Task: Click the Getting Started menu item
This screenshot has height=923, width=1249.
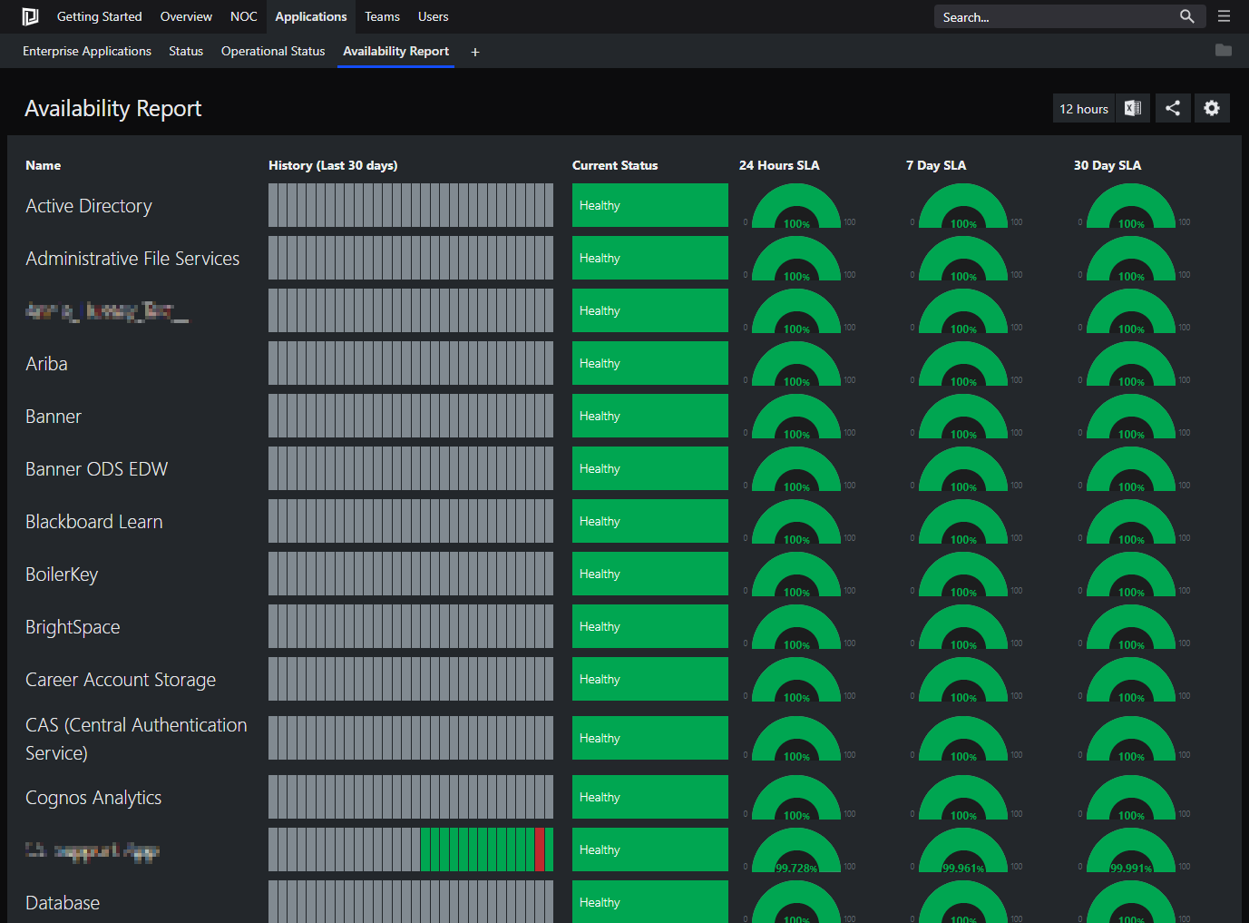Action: (99, 16)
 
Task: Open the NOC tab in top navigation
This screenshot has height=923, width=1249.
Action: (243, 16)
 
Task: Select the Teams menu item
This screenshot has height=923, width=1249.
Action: (382, 16)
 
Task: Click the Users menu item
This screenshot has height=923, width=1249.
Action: (433, 16)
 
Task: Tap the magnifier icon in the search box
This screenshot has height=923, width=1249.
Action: (1186, 16)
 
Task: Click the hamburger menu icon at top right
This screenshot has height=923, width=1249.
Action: (1224, 16)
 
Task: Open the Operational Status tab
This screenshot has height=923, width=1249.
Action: (273, 51)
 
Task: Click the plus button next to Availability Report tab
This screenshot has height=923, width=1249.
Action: (475, 52)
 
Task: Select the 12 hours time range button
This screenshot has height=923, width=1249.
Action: (1084, 109)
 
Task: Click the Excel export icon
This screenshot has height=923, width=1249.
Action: (1133, 109)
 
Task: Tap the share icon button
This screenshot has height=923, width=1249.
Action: (1173, 109)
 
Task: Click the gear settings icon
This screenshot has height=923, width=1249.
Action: (1212, 109)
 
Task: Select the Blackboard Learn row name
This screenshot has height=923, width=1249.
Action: (94, 522)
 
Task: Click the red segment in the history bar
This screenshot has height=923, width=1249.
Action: (540, 849)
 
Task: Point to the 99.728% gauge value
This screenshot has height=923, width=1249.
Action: (796, 869)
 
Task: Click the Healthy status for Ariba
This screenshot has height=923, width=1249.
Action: (649, 363)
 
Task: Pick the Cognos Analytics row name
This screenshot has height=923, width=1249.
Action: (93, 798)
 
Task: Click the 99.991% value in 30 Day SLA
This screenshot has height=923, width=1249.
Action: (1131, 869)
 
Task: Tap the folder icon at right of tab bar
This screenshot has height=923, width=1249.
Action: (1224, 51)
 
